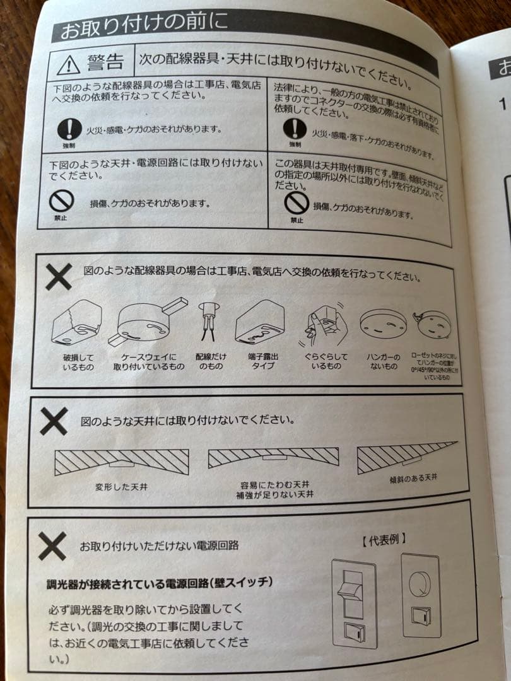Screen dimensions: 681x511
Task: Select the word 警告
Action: [105, 62]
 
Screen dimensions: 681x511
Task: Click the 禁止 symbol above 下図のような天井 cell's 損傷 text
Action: [62, 201]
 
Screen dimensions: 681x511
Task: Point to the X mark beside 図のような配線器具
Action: [59, 276]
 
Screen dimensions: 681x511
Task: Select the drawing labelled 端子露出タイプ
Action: [262, 322]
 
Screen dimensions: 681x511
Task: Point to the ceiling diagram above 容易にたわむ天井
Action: [273, 457]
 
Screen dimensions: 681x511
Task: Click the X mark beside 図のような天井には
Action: [54, 421]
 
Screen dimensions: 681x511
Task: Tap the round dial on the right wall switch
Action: [420, 583]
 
